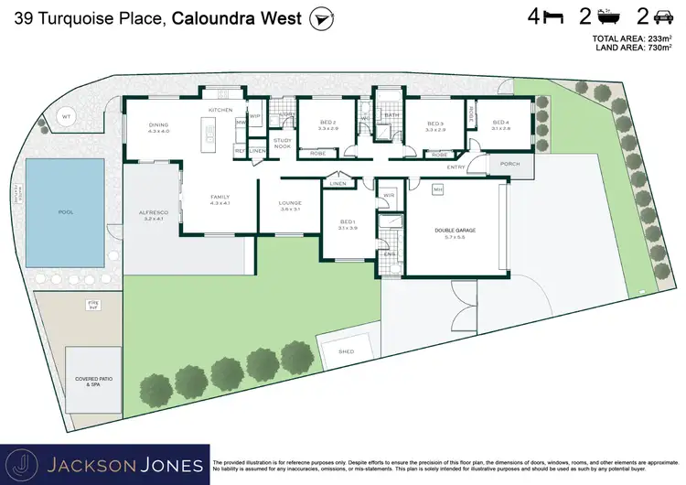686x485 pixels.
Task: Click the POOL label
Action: [x=65, y=211]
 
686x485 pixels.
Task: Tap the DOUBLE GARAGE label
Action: [x=456, y=231]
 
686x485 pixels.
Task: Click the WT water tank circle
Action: [x=66, y=117]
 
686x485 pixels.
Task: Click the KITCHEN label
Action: [x=220, y=110]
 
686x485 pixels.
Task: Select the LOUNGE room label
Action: [x=290, y=204]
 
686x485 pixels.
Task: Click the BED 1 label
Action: [x=348, y=222]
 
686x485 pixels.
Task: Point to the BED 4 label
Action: [x=500, y=123]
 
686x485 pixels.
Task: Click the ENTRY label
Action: [x=456, y=167]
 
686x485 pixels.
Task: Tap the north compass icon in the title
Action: [x=320, y=17]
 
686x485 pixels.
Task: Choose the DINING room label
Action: [x=159, y=125]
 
